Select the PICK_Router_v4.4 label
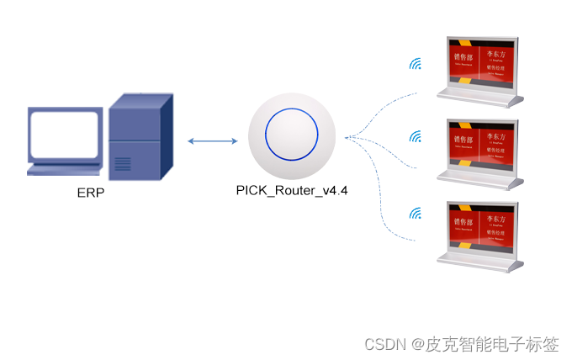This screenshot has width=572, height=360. pos(292,191)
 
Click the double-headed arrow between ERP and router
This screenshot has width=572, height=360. pos(212,140)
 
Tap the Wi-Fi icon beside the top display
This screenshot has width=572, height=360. pos(415,64)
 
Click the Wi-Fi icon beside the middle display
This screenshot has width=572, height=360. pos(415,135)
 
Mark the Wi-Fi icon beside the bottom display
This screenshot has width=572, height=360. pos(415,214)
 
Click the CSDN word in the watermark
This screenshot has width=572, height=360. pos(384,344)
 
